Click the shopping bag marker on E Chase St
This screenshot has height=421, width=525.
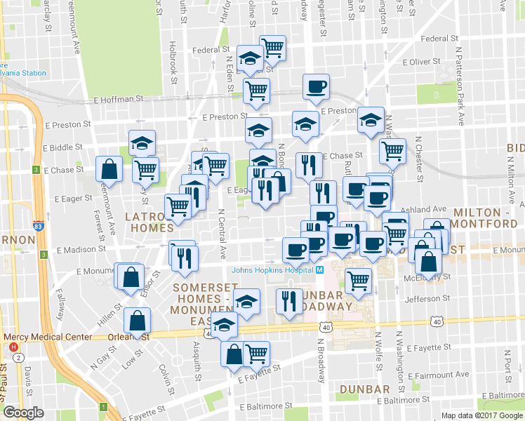point(109,168)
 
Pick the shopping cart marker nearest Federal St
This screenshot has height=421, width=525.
point(272,48)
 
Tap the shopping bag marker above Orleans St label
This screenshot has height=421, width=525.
point(138,321)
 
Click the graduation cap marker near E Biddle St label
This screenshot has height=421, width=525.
point(142,143)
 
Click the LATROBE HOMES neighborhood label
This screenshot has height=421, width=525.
point(149,222)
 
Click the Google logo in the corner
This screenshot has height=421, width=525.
point(24,413)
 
